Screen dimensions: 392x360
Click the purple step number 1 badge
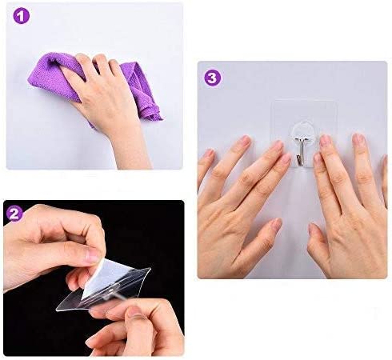[21, 16]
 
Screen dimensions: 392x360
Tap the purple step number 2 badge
[14, 214]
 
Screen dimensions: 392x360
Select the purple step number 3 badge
[213, 78]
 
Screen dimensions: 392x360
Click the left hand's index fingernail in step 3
[277, 146]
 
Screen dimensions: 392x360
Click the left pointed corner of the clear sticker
[57, 310]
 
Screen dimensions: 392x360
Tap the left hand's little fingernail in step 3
[210, 154]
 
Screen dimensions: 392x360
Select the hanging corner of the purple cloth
[158, 118]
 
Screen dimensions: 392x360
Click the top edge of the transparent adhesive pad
[304, 101]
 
